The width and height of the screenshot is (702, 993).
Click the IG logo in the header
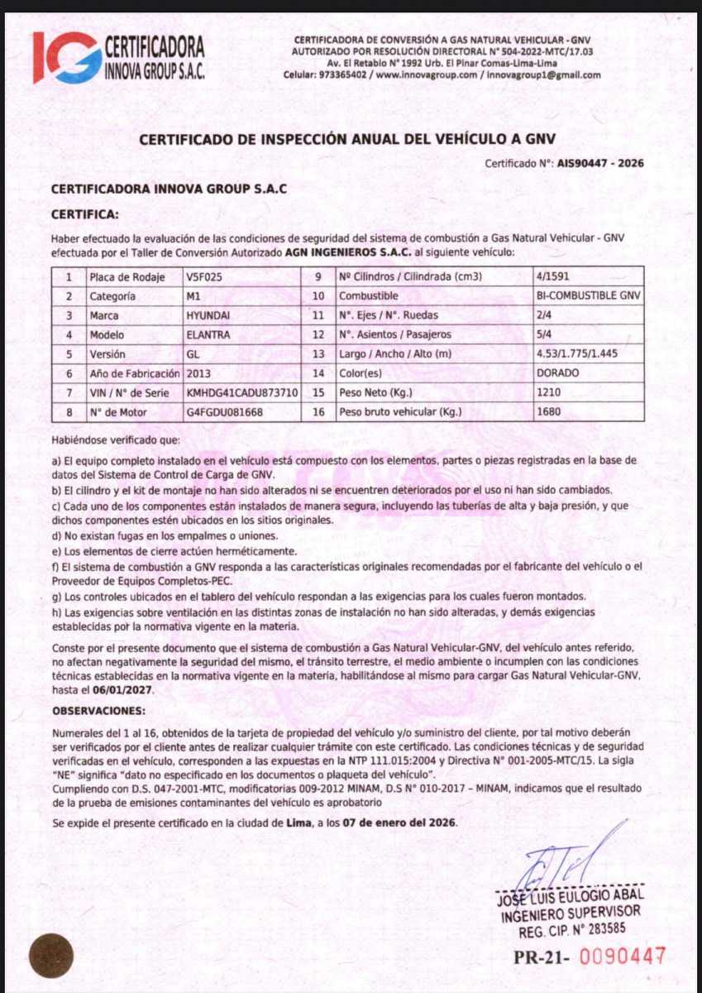click(66, 56)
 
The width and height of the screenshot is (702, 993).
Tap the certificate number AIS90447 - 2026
click(600, 164)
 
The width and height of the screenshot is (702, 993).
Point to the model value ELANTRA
click(209, 334)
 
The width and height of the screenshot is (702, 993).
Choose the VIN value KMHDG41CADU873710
click(242, 391)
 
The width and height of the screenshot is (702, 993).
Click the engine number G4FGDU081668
click(225, 411)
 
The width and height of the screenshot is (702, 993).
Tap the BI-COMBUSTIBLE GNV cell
click(589, 295)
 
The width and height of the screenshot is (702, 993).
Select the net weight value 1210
click(549, 391)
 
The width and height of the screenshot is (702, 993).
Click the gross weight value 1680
click(549, 411)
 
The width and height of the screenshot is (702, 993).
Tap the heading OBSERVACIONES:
click(98, 711)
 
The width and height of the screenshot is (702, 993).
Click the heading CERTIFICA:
click(84, 214)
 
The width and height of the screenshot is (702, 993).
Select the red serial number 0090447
click(622, 957)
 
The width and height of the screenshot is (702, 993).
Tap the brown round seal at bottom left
click(51, 955)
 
